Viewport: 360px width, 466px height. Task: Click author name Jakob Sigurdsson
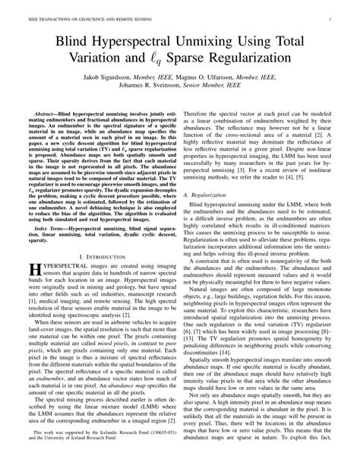click(111, 78)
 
